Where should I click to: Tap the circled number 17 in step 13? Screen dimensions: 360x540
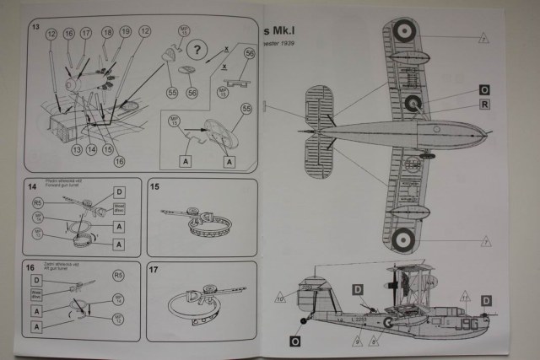[86, 35]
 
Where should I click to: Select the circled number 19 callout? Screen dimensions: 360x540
[125, 32]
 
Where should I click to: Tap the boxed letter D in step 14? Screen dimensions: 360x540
[118, 192]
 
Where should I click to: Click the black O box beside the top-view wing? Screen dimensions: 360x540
[484, 89]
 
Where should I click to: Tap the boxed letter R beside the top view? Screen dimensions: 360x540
[484, 105]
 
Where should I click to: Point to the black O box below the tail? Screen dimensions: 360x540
[294, 341]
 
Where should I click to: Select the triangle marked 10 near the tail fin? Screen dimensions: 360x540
[279, 296]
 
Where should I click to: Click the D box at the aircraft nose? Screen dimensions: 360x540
[486, 300]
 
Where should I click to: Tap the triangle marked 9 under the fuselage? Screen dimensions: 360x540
[357, 341]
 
